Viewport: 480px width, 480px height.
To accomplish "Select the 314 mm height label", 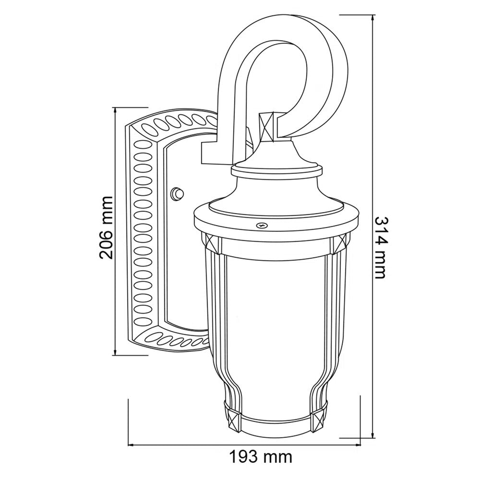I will click(380, 247).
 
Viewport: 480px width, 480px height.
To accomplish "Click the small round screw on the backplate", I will click(177, 194).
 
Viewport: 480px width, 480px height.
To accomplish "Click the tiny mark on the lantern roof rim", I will click(262, 224).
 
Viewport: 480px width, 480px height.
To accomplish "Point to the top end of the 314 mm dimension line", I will click(373, 15).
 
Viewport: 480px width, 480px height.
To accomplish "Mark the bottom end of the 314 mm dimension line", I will click(373, 438).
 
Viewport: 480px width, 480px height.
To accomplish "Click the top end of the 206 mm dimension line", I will click(115, 108).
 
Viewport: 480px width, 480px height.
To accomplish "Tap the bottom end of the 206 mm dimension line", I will click(115, 355).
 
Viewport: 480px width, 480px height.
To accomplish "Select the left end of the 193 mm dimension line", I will click(128, 445).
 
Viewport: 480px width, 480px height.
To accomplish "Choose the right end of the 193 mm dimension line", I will click(360, 445).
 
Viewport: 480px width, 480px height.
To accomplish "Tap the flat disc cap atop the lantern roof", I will click(277, 169).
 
